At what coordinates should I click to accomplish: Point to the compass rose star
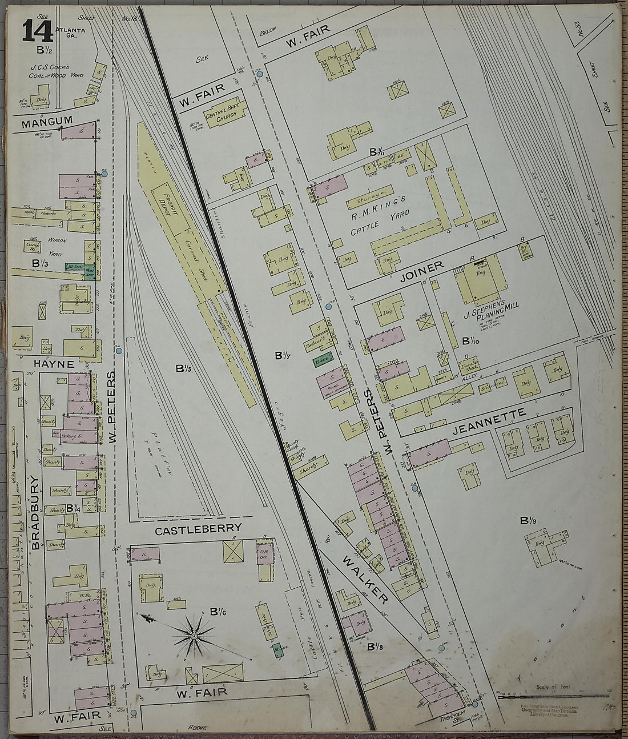pyautogui.click(x=194, y=634)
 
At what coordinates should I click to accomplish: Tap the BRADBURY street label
pyautogui.click(x=36, y=511)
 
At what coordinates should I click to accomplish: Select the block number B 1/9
pyautogui.click(x=528, y=521)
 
